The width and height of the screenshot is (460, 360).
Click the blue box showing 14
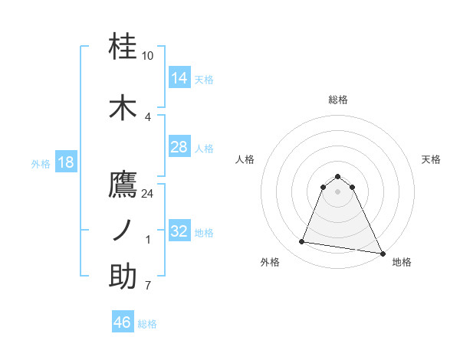point(179,77)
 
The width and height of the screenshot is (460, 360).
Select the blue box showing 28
point(179,147)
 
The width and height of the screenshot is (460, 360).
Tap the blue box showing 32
point(179,231)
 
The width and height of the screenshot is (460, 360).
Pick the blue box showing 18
point(65,162)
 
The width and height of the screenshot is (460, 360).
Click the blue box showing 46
point(123,322)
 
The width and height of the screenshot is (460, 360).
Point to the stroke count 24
point(148,194)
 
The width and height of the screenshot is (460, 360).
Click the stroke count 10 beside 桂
point(148,56)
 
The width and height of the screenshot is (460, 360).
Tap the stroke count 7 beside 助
point(148,286)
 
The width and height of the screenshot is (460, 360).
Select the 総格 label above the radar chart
point(338,100)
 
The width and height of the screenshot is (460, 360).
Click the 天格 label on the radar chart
point(432,159)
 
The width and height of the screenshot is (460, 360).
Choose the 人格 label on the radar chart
point(245,159)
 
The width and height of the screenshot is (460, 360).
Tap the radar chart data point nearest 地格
point(383,253)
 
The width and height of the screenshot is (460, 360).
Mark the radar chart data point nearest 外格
point(302,242)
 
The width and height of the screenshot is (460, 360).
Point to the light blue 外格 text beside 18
point(40,163)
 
